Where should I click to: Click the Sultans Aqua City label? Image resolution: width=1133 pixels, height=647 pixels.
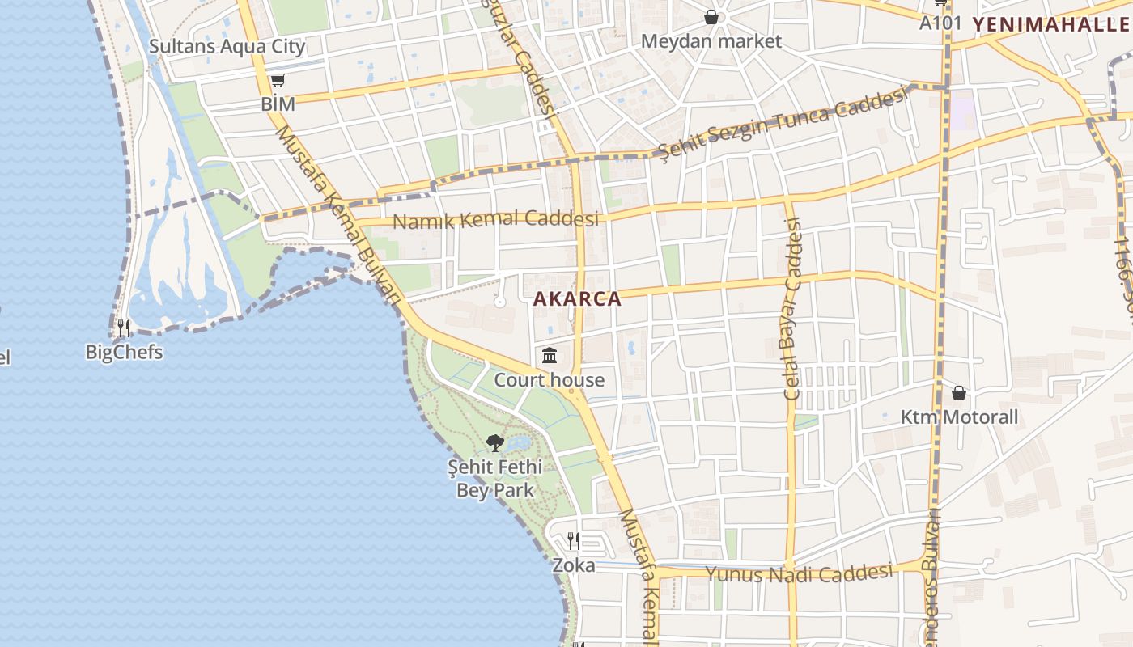[227, 46]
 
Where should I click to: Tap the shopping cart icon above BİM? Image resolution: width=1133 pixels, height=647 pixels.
[278, 80]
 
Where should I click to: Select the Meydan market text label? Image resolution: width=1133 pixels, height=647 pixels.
[711, 41]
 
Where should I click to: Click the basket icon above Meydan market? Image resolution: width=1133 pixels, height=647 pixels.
[711, 17]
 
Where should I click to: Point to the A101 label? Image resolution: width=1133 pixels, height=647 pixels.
[940, 23]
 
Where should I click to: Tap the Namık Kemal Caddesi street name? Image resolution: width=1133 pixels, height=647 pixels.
[495, 219]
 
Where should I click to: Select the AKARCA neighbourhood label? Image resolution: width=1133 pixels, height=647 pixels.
[578, 299]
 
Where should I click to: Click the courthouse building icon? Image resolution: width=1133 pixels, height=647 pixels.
[550, 355]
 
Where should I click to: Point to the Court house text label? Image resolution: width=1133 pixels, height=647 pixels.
[550, 380]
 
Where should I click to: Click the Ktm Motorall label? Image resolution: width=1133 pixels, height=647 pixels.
[960, 418]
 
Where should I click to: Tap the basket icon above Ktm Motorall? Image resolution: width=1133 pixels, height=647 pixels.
[959, 394]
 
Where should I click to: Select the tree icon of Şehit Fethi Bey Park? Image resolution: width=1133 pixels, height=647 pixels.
[495, 442]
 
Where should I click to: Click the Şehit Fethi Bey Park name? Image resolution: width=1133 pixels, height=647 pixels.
[495, 479]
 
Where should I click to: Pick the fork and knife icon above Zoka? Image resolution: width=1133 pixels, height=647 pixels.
[573, 540]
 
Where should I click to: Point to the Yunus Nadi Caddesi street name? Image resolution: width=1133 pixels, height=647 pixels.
[798, 574]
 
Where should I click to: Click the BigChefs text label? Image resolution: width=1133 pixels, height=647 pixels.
[124, 353]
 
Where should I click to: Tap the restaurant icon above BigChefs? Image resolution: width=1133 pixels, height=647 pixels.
[124, 328]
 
